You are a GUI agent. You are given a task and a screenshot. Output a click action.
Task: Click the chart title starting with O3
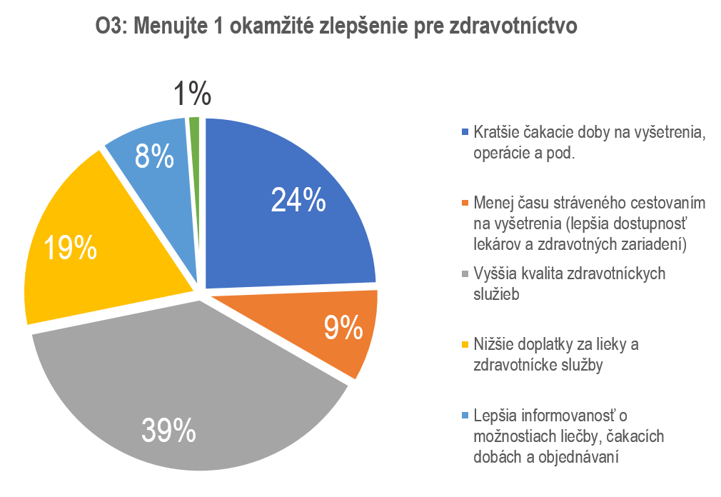tap(336, 27)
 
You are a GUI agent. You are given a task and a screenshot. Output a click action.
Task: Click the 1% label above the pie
tap(192, 95)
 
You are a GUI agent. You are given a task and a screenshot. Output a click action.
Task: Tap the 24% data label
tap(298, 201)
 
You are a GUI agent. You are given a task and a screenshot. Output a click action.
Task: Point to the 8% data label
tap(155, 156)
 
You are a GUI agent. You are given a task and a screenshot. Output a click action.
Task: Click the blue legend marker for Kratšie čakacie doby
tap(466, 132)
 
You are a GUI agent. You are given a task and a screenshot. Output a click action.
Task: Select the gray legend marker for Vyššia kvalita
tap(466, 273)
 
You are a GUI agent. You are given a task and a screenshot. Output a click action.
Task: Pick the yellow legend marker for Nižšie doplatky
tap(466, 344)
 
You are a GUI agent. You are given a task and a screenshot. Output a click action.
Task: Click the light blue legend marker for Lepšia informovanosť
tap(466, 415)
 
